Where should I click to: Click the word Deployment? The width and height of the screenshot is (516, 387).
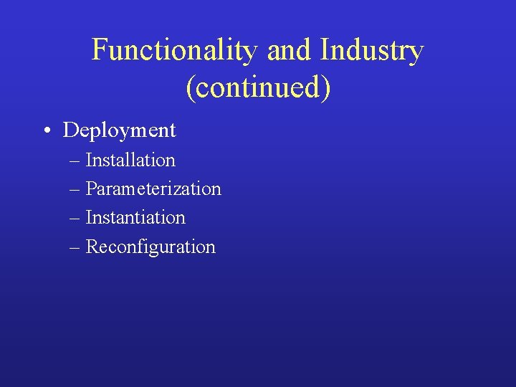(119, 130)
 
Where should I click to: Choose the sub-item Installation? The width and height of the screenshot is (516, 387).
(130, 160)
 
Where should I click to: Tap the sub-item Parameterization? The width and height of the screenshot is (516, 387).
(153, 188)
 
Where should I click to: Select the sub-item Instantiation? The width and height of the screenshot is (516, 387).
(135, 217)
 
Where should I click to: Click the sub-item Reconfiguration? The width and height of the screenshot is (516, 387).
(150, 247)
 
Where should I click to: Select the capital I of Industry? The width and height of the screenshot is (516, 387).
(326, 51)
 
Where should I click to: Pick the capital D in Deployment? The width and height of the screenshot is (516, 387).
(70, 130)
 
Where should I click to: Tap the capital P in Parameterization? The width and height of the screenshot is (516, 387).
(91, 188)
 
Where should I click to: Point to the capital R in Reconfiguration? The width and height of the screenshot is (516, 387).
(92, 247)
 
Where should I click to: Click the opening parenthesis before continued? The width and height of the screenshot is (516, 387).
(189, 88)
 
